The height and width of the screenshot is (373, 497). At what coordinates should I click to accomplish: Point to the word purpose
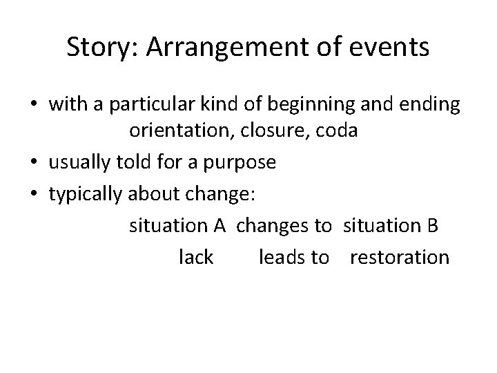(x=241, y=162)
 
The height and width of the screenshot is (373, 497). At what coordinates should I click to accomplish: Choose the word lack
(x=196, y=258)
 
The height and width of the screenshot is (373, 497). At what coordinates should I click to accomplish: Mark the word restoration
(x=400, y=258)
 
